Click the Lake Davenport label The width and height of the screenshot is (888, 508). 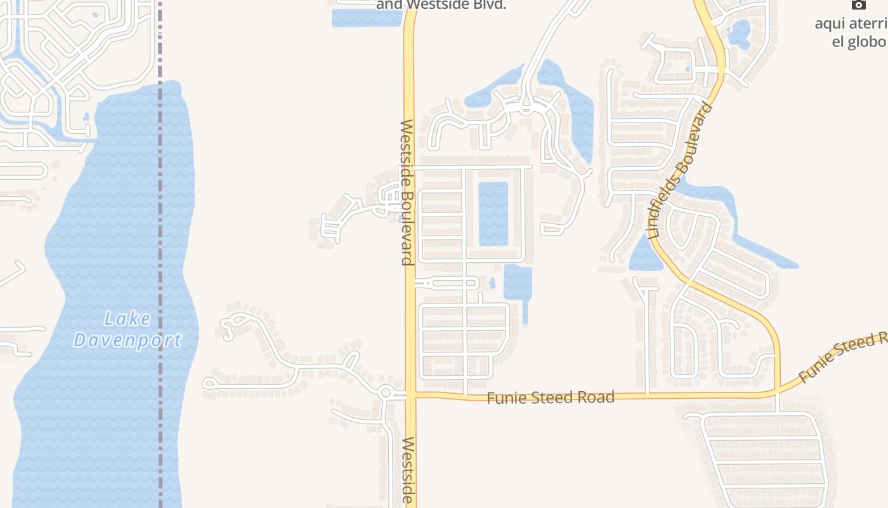tap(127, 330)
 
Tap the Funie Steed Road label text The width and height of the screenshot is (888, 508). tap(551, 398)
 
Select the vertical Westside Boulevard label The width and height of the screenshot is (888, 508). tap(407, 192)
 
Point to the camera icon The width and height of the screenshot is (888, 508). tap(858, 5)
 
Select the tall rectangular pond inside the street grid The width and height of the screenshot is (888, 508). tap(493, 213)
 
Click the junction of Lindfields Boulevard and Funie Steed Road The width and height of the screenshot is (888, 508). tap(777, 391)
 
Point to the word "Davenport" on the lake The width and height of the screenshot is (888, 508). tap(127, 340)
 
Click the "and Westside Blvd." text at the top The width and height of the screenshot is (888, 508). tap(441, 5)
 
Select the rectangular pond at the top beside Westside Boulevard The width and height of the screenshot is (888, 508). tap(367, 18)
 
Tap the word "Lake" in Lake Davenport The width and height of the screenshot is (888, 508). tap(127, 319)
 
